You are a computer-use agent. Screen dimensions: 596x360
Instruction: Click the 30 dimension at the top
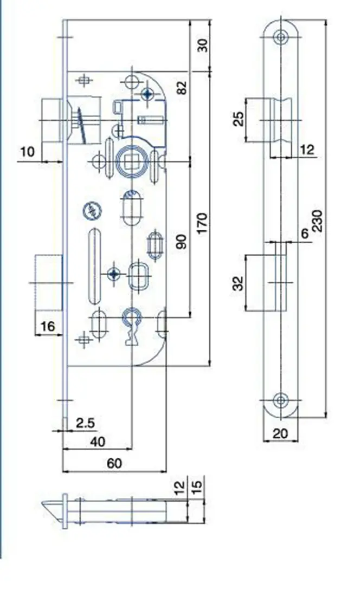202,45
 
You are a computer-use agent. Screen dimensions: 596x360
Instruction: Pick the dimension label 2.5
86,422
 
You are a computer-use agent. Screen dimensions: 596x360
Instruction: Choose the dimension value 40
98,441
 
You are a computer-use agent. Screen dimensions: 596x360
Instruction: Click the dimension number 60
115,463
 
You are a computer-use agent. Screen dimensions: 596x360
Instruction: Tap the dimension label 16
48,326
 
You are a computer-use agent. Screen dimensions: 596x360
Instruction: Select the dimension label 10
27,151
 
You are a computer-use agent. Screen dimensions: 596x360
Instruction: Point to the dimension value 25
239,119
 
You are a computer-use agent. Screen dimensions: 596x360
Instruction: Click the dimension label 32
239,282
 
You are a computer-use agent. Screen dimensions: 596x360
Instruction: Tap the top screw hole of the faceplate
280,37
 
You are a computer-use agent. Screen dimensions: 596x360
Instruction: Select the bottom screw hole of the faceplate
280,400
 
